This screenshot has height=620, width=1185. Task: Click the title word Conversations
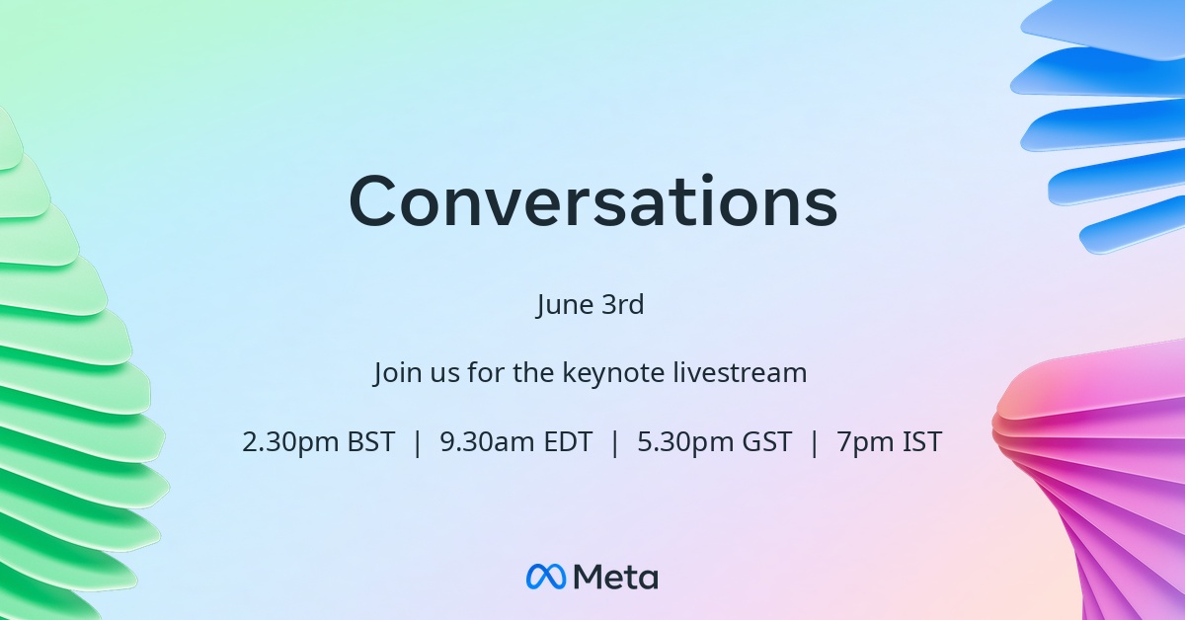[593, 201]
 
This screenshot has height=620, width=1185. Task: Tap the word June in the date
[564, 305]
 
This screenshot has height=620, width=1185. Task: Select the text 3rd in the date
[624, 304]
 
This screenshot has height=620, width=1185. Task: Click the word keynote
[613, 373]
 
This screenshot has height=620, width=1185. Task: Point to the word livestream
[740, 372]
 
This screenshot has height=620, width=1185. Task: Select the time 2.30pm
[290, 442]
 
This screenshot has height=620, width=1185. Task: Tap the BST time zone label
[371, 441]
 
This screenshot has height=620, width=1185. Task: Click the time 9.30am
[487, 441]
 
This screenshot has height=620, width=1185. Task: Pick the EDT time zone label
[568, 441]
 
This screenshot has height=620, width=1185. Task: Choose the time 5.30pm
[685, 442]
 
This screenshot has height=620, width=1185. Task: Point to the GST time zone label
[767, 441]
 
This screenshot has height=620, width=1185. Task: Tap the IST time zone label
[922, 441]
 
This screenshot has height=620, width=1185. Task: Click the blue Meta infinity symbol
[546, 577]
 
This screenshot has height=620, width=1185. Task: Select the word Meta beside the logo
[616, 577]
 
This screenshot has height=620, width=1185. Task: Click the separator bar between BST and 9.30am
[418, 442]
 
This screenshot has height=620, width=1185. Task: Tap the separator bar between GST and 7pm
[815, 442]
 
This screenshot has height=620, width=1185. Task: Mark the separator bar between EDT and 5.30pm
[614, 442]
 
